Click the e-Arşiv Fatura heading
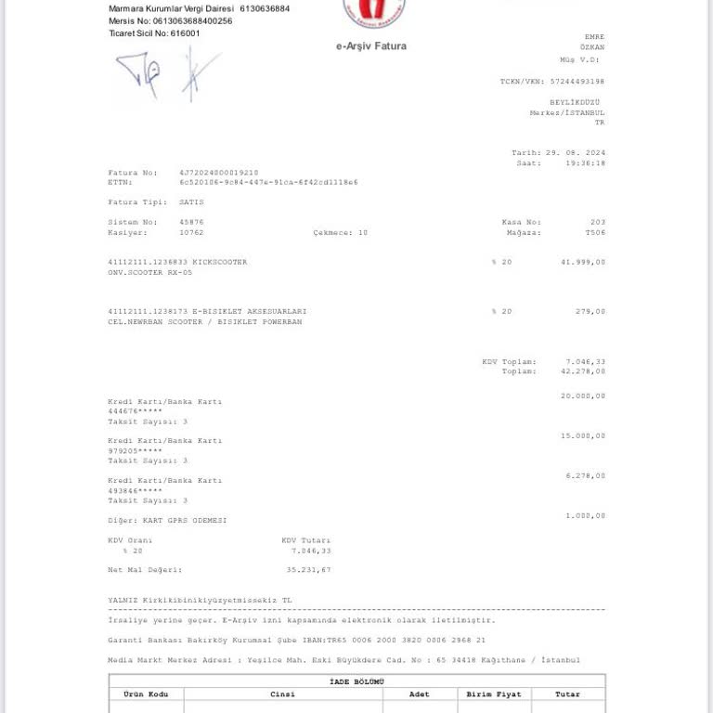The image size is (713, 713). [370, 46]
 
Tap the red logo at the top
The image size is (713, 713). [374, 12]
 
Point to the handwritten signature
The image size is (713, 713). [167, 74]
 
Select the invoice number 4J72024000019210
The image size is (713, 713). [219, 173]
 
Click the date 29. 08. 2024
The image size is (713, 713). [575, 152]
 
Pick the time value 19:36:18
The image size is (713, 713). [585, 162]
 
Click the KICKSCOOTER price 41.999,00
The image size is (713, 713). [583, 262]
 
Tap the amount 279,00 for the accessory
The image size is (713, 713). [590, 311]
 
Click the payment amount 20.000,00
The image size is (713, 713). [583, 395]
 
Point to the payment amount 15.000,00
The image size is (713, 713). [583, 435]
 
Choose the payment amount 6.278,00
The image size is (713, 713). [586, 475]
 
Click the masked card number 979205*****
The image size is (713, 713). [135, 451]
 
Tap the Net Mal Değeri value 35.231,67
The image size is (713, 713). [308, 570]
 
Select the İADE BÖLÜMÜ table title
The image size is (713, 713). [356, 681]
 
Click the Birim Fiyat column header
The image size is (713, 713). [494, 694]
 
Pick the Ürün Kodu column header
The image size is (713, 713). [146, 694]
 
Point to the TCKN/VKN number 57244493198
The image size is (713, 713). [577, 82]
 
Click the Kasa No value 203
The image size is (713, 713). [597, 222]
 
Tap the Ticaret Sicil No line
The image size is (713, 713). [154, 33]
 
